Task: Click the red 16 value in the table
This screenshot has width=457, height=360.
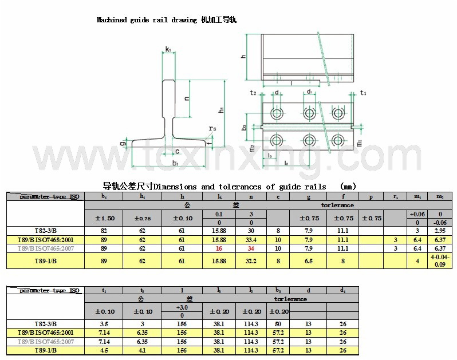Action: [x=219, y=248]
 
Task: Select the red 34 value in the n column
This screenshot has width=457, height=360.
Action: [x=251, y=248]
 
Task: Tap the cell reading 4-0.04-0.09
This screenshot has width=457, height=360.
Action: [x=440, y=261]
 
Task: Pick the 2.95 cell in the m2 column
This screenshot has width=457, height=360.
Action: [x=440, y=231]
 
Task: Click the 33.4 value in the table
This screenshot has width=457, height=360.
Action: [x=251, y=240]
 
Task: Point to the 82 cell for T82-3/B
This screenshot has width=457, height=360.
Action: [x=104, y=231]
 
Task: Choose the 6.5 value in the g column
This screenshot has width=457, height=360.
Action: [x=309, y=261]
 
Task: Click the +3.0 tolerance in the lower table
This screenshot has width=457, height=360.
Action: [x=182, y=307]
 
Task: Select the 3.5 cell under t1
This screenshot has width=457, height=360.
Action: [x=104, y=324]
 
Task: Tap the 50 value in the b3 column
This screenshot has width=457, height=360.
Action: [x=278, y=324]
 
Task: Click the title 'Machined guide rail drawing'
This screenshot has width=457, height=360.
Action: [x=146, y=20]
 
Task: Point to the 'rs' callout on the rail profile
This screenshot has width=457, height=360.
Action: [x=212, y=129]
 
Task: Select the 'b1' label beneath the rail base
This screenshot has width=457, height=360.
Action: [x=175, y=164]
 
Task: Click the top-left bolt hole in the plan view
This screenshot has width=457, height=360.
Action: [x=278, y=113]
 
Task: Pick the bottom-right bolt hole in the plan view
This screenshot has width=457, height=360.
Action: [x=338, y=139]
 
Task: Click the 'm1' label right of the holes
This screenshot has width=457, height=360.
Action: [x=358, y=143]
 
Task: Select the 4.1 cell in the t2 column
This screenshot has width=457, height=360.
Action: [x=142, y=350]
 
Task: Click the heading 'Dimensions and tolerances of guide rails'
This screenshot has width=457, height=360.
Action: [x=215, y=187]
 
